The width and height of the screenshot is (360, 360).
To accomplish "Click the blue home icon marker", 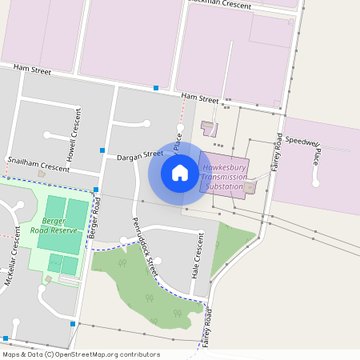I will click(x=180, y=173).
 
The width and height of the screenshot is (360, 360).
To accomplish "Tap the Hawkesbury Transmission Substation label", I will click(x=225, y=177).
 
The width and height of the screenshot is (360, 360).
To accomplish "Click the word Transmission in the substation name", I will click(x=225, y=177).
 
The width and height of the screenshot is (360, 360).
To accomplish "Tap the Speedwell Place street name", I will click(x=304, y=144).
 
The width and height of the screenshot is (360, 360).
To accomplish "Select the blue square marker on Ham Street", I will click(x=156, y=87).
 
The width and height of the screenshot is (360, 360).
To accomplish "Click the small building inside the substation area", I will click(x=250, y=188).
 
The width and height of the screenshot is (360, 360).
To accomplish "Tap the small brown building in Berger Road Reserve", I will click(x=48, y=279).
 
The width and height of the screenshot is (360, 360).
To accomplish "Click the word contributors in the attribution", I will click(x=138, y=354).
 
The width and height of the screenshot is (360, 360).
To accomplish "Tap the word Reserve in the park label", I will click(x=65, y=230).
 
